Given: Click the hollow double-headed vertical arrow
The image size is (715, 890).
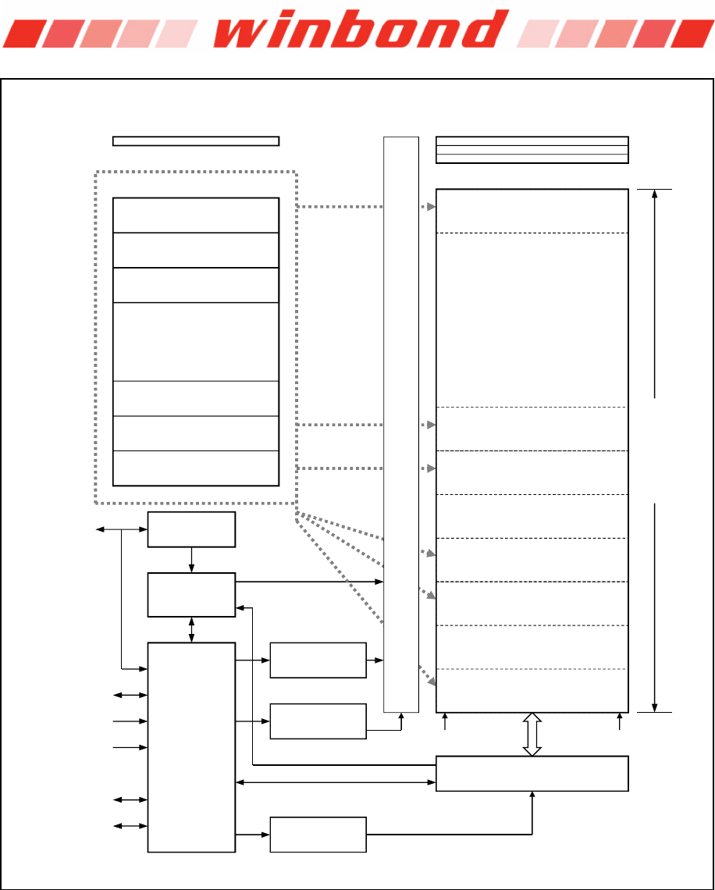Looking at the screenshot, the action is (532, 734).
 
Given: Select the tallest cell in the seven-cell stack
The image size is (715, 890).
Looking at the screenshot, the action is (196, 341).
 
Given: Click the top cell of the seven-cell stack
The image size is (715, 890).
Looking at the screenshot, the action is (196, 215).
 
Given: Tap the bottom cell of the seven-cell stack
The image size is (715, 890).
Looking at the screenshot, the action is (196, 468).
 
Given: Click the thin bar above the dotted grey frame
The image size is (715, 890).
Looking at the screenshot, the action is (196, 141).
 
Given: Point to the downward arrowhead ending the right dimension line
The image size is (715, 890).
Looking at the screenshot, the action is (654, 706).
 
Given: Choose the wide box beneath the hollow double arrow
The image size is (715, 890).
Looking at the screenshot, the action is (532, 773).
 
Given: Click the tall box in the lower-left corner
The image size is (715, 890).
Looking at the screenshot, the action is (191, 747).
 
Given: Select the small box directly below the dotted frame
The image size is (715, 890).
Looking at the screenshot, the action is (191, 529).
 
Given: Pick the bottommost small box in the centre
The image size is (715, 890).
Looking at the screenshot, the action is (318, 835).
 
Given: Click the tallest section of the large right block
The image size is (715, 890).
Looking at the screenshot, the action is (532, 319).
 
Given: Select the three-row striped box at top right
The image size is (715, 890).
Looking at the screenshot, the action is (532, 150).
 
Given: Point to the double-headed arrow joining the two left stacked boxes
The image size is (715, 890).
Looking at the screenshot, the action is (191, 629).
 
